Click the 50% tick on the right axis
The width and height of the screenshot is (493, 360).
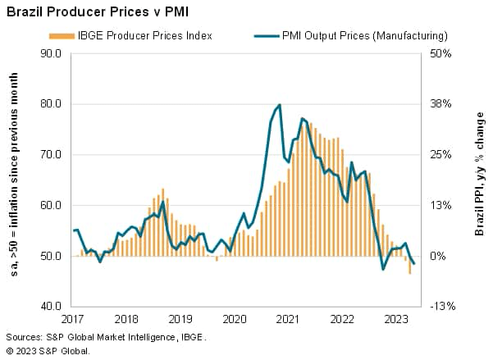coord(441,53)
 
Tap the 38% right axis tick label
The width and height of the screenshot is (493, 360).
coord(441,104)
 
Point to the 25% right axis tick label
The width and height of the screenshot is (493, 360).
coord(441,154)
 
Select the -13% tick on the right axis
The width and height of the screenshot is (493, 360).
coord(441,306)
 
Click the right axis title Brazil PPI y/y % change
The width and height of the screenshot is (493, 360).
coord(480,180)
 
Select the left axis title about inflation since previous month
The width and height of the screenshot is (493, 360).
coord(14,180)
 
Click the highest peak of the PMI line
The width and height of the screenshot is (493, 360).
coord(280,105)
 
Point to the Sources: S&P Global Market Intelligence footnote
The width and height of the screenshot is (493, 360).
coord(106,337)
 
